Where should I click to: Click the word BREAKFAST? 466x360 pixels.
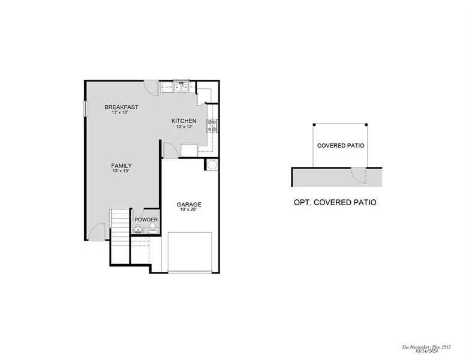click(125, 107)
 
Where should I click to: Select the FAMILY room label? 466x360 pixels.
click(121, 166)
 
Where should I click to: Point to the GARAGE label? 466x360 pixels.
click(189, 205)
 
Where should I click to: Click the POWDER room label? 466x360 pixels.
click(146, 220)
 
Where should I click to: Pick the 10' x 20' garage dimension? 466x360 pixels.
click(189, 211)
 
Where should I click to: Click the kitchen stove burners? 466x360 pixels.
click(212, 125)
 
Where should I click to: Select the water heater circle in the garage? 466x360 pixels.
click(212, 165)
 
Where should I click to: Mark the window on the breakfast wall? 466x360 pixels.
click(84, 110)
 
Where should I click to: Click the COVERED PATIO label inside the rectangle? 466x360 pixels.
click(341, 146)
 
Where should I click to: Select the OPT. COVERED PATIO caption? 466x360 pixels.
click(335, 203)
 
